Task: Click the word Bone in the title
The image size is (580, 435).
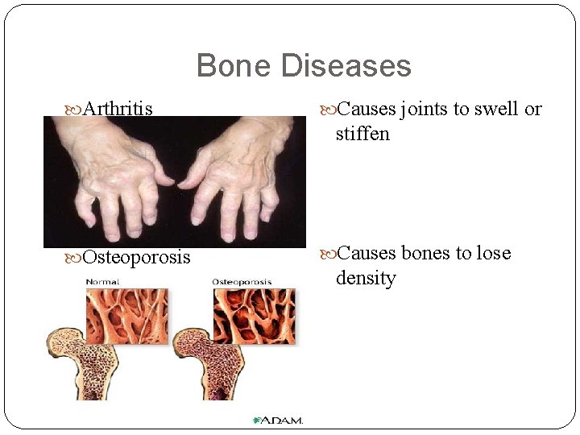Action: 234,66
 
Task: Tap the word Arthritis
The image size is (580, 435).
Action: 118,108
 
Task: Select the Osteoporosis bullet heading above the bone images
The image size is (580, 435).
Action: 137,257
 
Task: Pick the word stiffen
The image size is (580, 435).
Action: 362,134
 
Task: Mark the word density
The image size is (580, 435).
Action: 366,278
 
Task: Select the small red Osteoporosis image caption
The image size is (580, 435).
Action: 242,282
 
